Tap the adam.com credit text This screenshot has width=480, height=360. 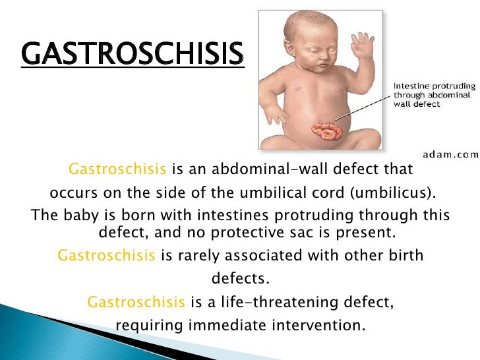click(x=451, y=154)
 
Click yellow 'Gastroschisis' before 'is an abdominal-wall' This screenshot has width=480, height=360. click(x=117, y=169)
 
